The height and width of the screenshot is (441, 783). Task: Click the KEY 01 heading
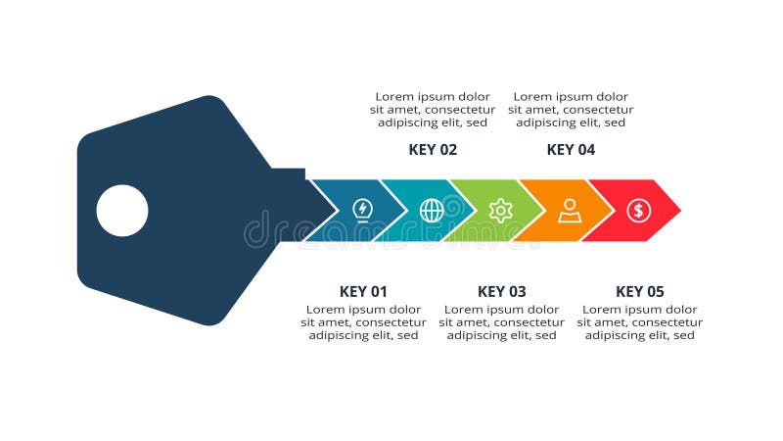pyautogui.click(x=363, y=291)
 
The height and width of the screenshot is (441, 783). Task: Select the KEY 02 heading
pyautogui.click(x=433, y=150)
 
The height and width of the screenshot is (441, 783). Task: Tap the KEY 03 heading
pyautogui.click(x=501, y=291)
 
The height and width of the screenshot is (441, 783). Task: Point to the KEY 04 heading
pyautogui.click(x=571, y=150)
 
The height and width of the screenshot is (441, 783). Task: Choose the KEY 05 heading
pyautogui.click(x=639, y=291)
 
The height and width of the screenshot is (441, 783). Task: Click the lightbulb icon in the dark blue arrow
pyautogui.click(x=362, y=210)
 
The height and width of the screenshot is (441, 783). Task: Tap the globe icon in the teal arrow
pyautogui.click(x=432, y=210)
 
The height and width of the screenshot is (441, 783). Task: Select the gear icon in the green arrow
pyautogui.click(x=500, y=210)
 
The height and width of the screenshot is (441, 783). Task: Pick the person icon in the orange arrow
pyautogui.click(x=570, y=210)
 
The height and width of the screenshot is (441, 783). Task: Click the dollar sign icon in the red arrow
pyautogui.click(x=639, y=210)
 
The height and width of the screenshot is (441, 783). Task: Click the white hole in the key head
pyautogui.click(x=122, y=211)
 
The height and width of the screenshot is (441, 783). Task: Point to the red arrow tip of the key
pyautogui.click(x=666, y=210)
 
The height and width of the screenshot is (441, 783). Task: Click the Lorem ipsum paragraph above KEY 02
pyautogui.click(x=433, y=110)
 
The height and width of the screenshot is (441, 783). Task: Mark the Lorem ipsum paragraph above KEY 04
pyautogui.click(x=571, y=110)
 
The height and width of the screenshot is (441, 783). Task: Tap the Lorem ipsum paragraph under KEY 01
pyautogui.click(x=363, y=322)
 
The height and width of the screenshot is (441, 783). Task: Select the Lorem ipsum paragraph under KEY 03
pyautogui.click(x=501, y=322)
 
